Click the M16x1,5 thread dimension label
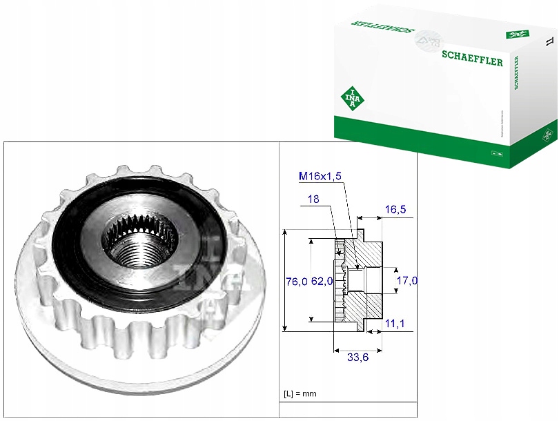pyautogui.click(x=320, y=177)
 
